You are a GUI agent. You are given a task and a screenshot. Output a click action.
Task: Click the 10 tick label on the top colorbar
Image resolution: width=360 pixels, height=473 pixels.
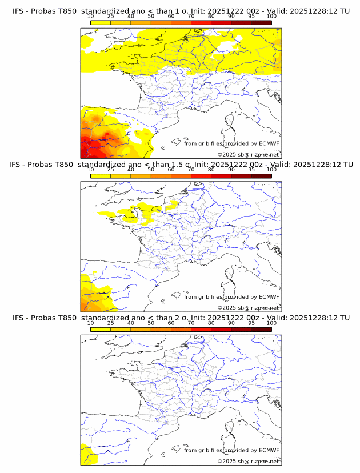click(91, 17)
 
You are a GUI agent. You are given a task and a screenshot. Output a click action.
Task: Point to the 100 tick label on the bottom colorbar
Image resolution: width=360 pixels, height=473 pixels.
click(271, 323)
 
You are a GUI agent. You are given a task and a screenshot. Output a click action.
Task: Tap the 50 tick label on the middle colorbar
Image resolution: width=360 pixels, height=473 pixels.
click(151, 170)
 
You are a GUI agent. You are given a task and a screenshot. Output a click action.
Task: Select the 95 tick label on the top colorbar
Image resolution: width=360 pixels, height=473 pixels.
click(251, 17)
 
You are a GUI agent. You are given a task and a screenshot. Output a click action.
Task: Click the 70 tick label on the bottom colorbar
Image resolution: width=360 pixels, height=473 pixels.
click(191, 323)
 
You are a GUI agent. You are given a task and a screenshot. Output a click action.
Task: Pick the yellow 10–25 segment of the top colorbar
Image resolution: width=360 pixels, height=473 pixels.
click(101, 22)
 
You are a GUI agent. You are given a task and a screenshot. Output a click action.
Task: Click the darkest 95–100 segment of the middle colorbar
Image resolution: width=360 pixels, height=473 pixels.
click(262, 176)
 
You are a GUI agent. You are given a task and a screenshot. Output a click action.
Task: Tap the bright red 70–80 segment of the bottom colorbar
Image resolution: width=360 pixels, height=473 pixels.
click(201, 330)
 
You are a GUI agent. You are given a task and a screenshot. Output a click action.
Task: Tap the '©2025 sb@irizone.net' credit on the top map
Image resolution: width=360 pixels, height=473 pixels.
click(249, 155)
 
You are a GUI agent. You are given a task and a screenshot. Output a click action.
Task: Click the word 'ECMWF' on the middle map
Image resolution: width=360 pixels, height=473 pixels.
click(269, 297)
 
